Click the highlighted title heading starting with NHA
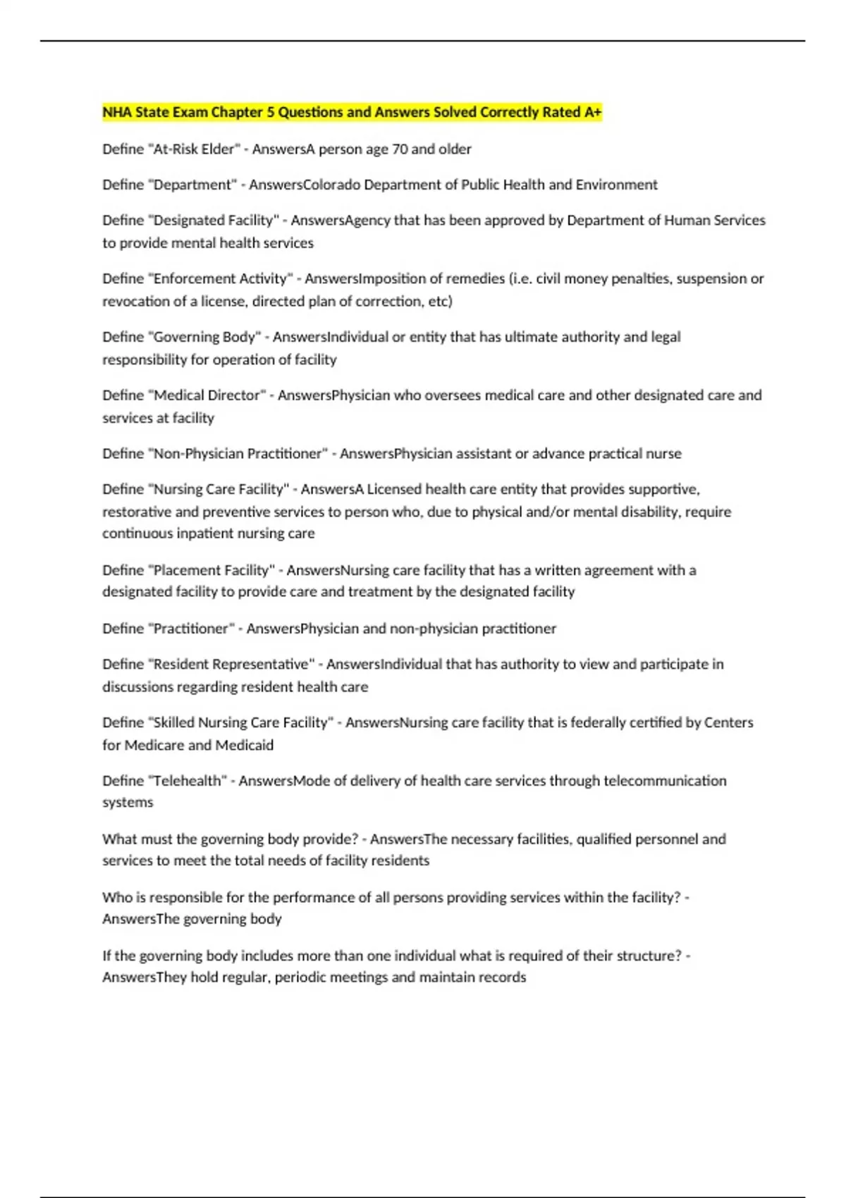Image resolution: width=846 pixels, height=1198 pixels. pos(351,112)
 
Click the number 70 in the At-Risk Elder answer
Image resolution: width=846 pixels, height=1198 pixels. pos(399,149)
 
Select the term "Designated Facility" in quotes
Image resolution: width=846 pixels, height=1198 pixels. pos(214,221)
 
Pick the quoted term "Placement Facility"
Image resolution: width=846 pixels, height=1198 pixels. pos(211,570)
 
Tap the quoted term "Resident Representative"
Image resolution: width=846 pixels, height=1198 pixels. pos(231,665)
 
